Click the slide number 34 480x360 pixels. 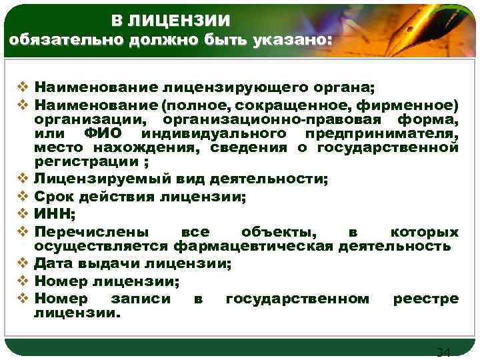(443, 352)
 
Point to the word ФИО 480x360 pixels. (103, 134)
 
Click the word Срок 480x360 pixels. (55, 197)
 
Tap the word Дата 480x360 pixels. (55, 265)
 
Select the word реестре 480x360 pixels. (425, 299)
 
